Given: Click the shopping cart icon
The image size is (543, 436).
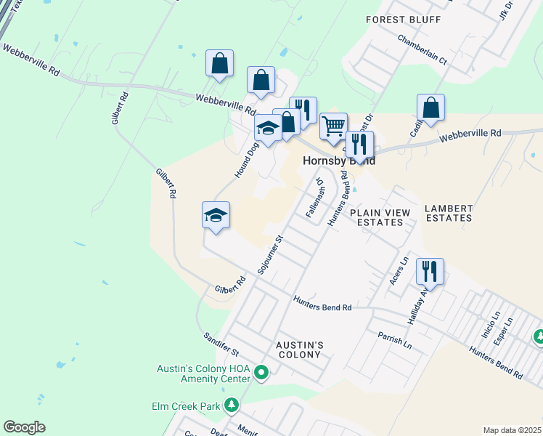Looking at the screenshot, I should click(x=333, y=125).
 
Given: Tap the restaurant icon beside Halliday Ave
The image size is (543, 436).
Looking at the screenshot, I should click(x=430, y=271).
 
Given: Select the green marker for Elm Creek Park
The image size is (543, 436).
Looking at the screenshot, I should click(x=231, y=405).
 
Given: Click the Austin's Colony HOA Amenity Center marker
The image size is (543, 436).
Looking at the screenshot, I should click(x=261, y=374).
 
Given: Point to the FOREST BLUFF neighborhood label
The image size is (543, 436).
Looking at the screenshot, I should click(x=403, y=20).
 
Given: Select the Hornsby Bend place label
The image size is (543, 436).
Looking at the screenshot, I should click(x=339, y=161).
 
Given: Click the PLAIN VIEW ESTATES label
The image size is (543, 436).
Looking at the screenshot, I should click(x=380, y=217).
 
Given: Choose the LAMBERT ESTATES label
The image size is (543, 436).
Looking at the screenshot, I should click(x=449, y=213).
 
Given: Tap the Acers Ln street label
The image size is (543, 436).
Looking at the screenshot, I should click(x=400, y=270).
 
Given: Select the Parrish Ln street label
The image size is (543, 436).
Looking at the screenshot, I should click(x=394, y=339).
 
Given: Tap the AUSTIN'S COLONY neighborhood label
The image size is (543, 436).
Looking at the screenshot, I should click(x=299, y=349).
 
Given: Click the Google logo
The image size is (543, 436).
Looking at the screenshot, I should click(x=24, y=427).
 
